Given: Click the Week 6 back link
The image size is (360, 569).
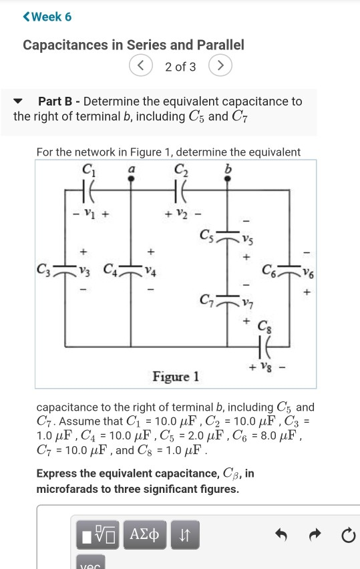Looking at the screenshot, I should tap(47, 17).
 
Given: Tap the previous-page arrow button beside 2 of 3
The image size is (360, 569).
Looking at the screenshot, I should tap(141, 67).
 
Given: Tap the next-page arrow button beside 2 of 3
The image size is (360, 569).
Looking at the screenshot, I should tap(220, 67).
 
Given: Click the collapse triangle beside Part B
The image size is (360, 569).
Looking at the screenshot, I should tap(21, 102).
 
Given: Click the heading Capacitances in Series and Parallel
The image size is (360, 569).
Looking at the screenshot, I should tap(133, 45).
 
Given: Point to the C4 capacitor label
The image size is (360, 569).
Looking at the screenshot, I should tap(111, 270).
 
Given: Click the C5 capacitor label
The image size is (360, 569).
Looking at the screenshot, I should tap(206, 236).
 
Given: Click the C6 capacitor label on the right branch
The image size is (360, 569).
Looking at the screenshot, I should tap(268, 270).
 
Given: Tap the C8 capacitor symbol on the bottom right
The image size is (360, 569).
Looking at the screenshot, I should tap(263, 347).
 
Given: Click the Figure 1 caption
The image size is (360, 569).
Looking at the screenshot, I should tap(176, 377).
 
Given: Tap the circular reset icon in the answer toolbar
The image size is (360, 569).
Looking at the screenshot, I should tap(346, 535).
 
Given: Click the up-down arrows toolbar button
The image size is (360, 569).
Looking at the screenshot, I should tap(186, 535).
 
